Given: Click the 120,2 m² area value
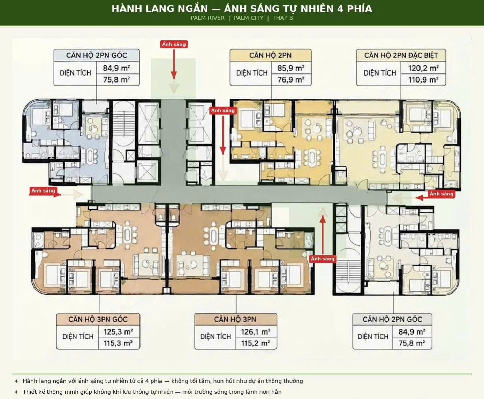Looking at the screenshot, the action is [x=423, y=68].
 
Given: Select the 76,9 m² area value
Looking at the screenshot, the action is [x=291, y=80].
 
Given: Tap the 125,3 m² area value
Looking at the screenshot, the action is [x=118, y=332].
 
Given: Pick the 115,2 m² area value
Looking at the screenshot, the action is [x=256, y=343].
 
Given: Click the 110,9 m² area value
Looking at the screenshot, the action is [x=423, y=80].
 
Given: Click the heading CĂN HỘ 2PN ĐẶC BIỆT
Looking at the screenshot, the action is [x=401, y=56].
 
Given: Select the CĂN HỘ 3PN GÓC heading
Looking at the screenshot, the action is [x=98, y=319].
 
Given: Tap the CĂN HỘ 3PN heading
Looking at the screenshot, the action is [x=235, y=319].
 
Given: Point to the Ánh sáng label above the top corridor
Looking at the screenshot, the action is [x=174, y=44].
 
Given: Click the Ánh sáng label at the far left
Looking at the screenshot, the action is [x=43, y=191].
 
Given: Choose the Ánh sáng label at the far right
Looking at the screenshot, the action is [x=441, y=194].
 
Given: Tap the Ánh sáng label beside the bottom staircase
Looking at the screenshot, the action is [x=323, y=259].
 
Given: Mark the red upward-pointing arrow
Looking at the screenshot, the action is [x=323, y=235].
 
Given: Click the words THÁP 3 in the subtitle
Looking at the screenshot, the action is [x=282, y=18].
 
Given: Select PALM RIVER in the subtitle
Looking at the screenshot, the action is [x=207, y=18].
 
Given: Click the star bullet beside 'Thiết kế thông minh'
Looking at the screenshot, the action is [x=16, y=392].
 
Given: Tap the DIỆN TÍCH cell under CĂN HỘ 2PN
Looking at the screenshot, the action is [x=252, y=73].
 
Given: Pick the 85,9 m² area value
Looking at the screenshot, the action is [x=291, y=68].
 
